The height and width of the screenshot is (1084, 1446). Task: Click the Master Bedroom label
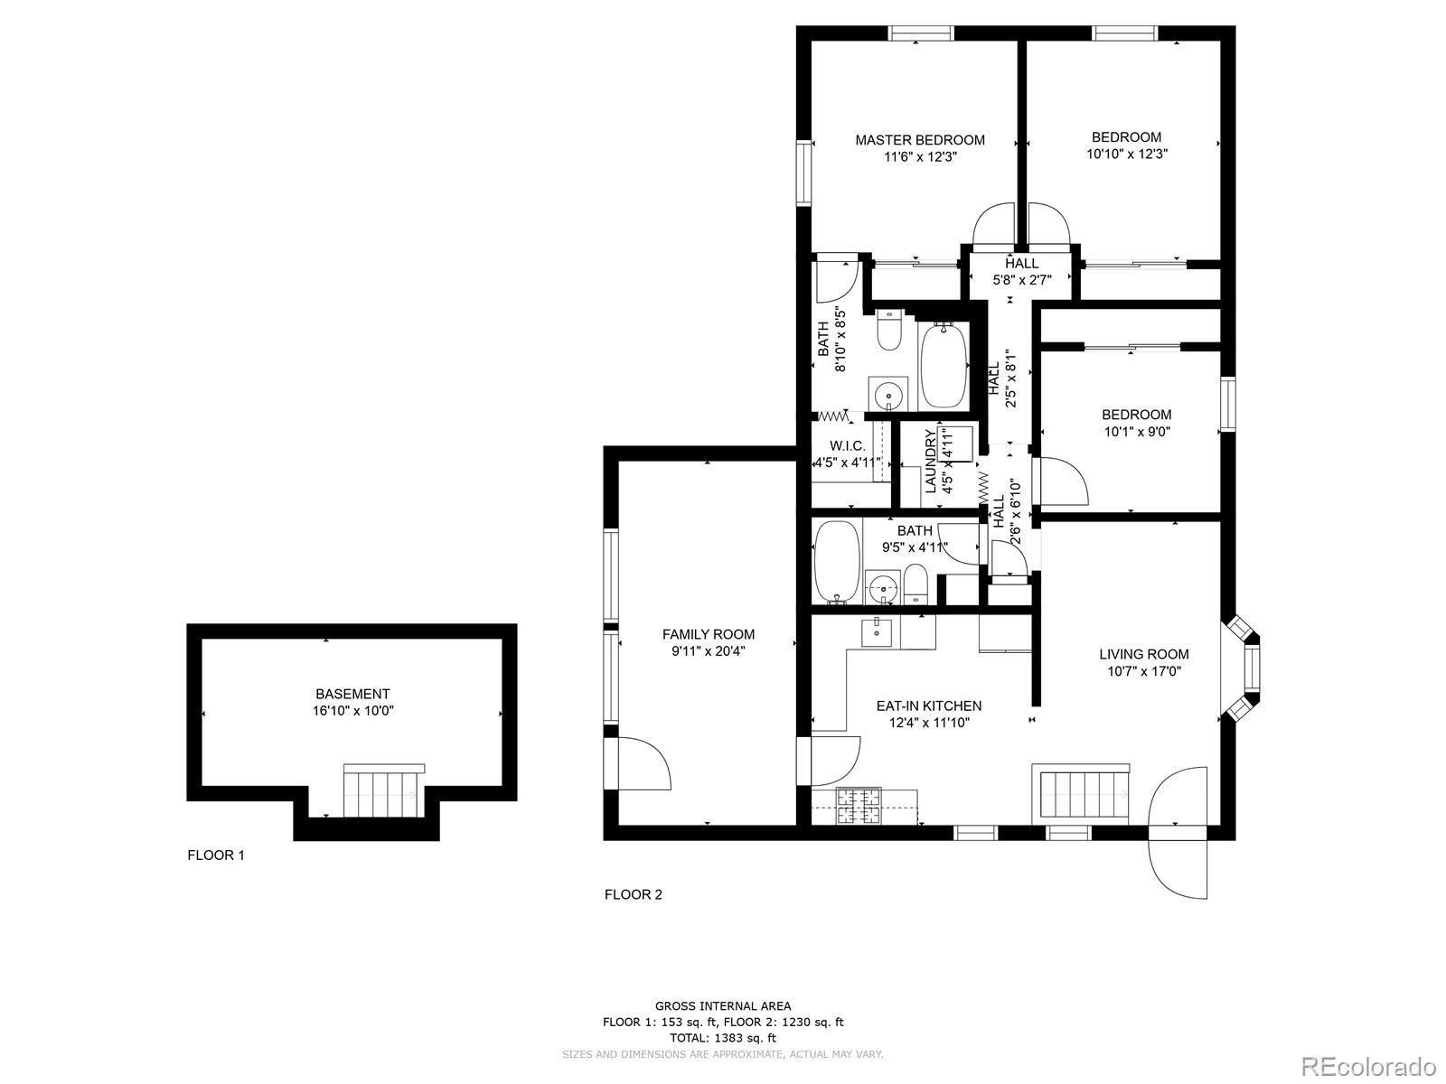coord(920,140)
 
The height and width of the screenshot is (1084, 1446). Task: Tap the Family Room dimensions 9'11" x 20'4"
coord(708,650)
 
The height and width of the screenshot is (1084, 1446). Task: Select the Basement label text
coord(352,694)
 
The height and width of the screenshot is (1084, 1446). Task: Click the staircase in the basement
coord(383,790)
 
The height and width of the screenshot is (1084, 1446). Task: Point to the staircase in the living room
coord(1081,792)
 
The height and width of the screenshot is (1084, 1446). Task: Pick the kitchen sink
coord(877,633)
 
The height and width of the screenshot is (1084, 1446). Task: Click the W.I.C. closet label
coord(848,446)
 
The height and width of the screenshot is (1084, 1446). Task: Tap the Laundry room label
coord(930,462)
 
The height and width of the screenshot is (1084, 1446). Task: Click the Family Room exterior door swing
coord(643,764)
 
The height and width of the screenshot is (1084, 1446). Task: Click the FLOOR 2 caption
coord(633,894)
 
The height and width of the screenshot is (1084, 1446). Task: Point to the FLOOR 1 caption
coord(215,855)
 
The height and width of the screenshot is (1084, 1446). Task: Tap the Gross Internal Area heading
coord(722,1005)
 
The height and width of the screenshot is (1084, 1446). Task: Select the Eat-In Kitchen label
coord(928,706)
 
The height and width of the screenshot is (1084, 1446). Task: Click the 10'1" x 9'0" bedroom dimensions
coord(1136,431)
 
